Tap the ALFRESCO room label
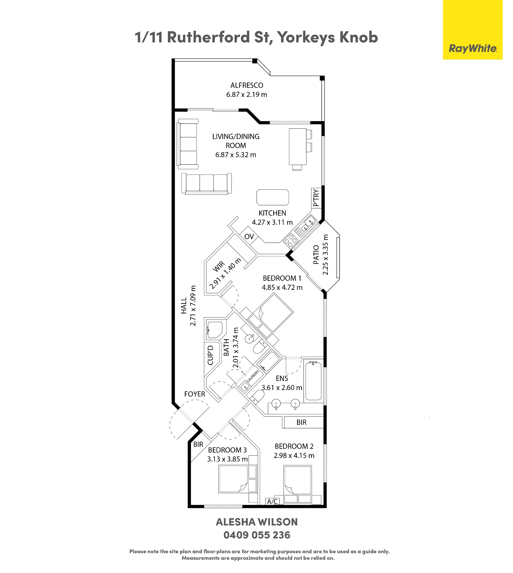247,85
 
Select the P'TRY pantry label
316,198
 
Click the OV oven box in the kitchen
249,236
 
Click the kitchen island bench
272,197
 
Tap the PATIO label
316,255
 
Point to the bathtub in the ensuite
313,381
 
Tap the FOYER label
194,394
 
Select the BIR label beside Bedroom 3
198,444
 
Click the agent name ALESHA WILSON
257,522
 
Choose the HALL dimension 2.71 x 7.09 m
193,306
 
